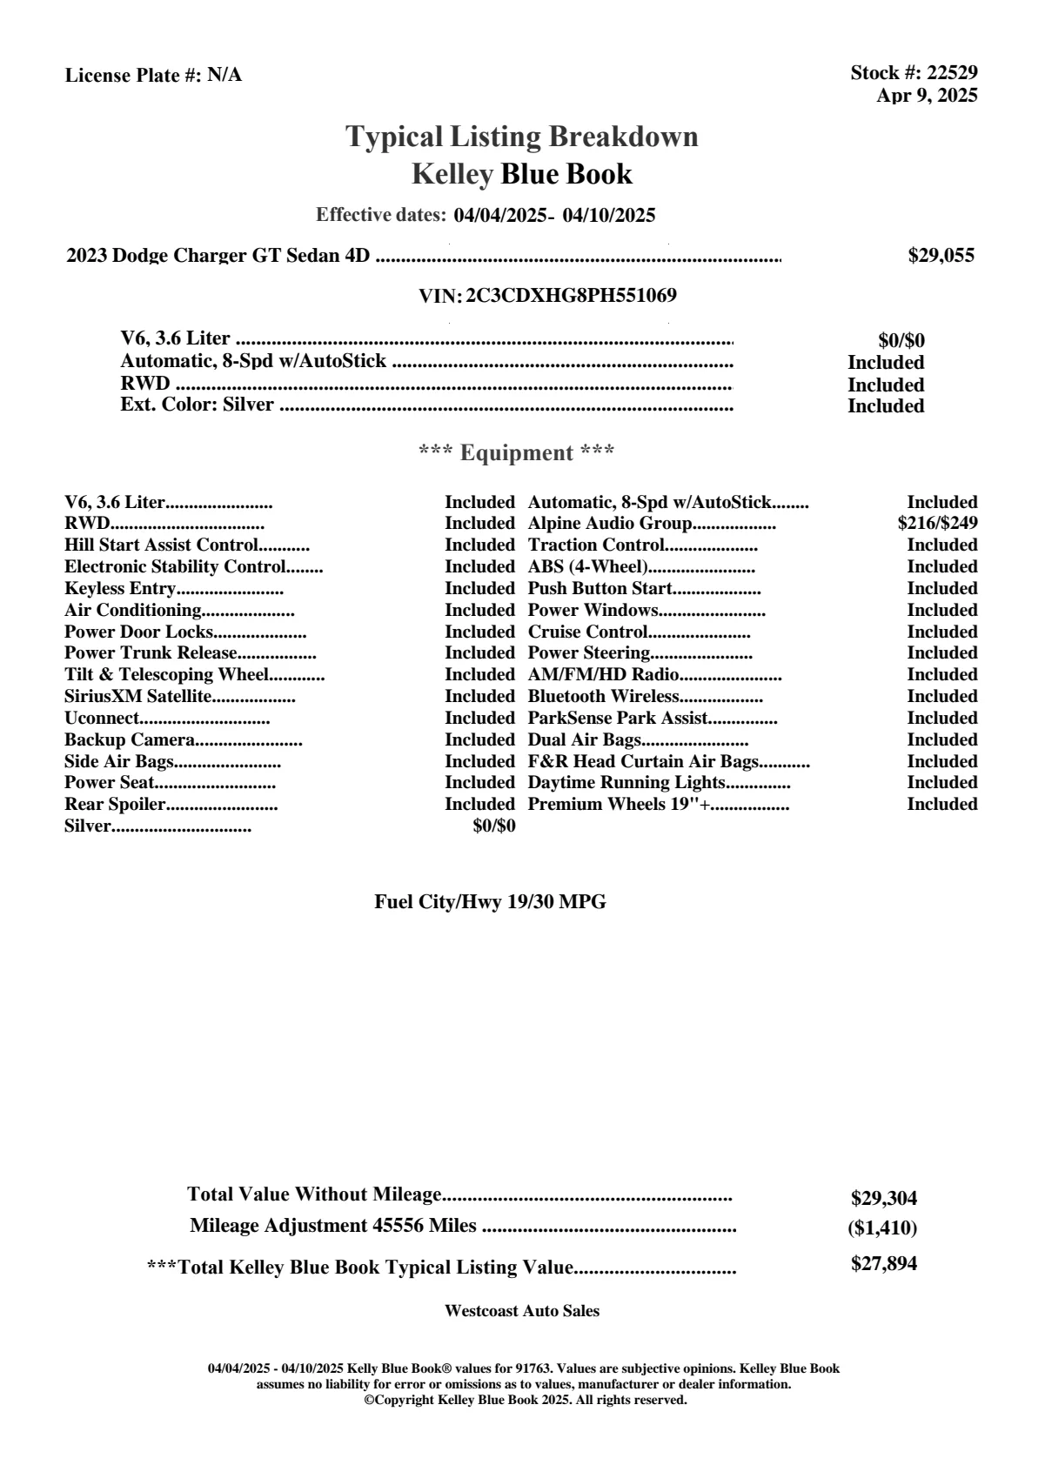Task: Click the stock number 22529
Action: pos(952,73)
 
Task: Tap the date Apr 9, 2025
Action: pos(927,95)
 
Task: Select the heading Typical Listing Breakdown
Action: pos(522,137)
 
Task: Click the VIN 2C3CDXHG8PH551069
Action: pos(571,296)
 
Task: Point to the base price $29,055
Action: pos(941,255)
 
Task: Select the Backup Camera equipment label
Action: pos(130,740)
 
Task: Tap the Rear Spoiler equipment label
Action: pos(115,805)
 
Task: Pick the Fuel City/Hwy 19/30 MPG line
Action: pos(490,902)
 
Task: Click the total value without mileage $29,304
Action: pos(883,1199)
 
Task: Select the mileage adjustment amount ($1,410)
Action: pos(881,1228)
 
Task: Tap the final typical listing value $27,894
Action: pos(883,1264)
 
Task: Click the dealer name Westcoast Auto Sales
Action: pos(521,1311)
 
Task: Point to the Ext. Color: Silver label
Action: pos(198,405)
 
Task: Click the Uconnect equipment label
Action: pos(102,719)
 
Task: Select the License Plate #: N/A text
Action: pos(153,76)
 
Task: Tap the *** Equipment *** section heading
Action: pos(517,453)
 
